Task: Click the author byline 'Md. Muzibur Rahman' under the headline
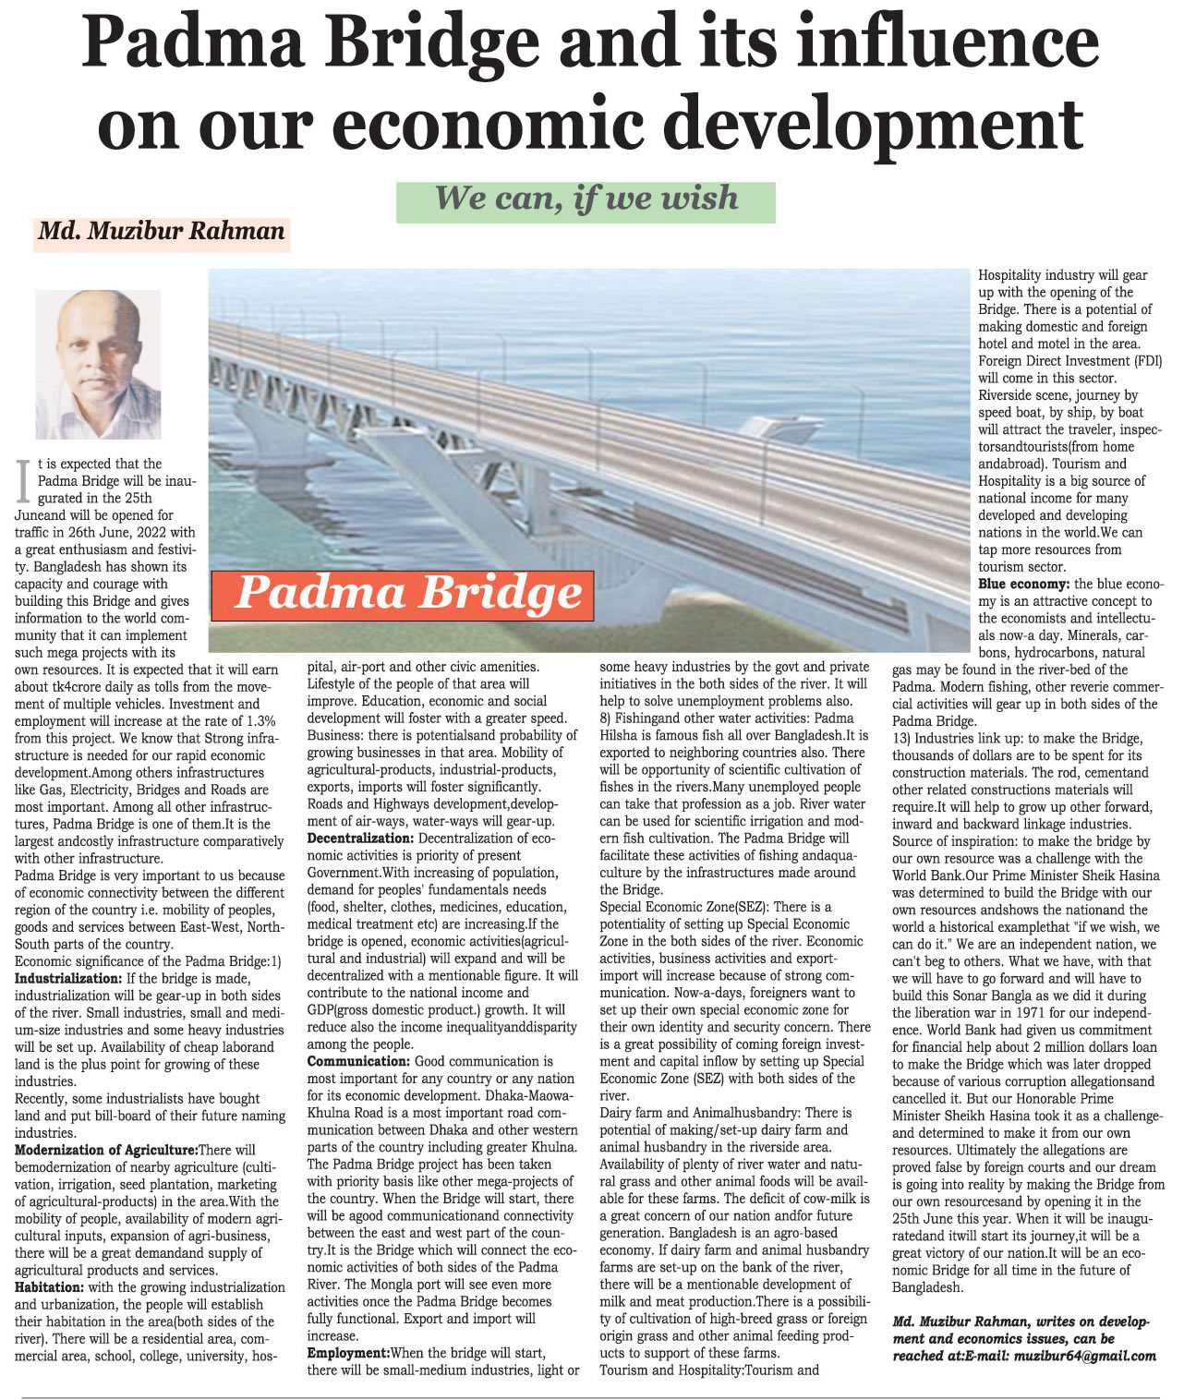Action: [x=162, y=231]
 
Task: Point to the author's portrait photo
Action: [x=98, y=364]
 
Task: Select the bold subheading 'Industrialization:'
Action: [x=68, y=979]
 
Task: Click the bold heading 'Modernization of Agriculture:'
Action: [x=106, y=1151]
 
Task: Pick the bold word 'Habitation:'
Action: [x=49, y=1287]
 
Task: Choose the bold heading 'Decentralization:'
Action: [x=360, y=839]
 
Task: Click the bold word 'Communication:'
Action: [x=358, y=1062]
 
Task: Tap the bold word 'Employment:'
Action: [x=348, y=1353]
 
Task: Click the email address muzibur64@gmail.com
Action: [x=1084, y=1356]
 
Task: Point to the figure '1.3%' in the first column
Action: [x=261, y=721]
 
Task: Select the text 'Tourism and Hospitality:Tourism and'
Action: [x=709, y=1370]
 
